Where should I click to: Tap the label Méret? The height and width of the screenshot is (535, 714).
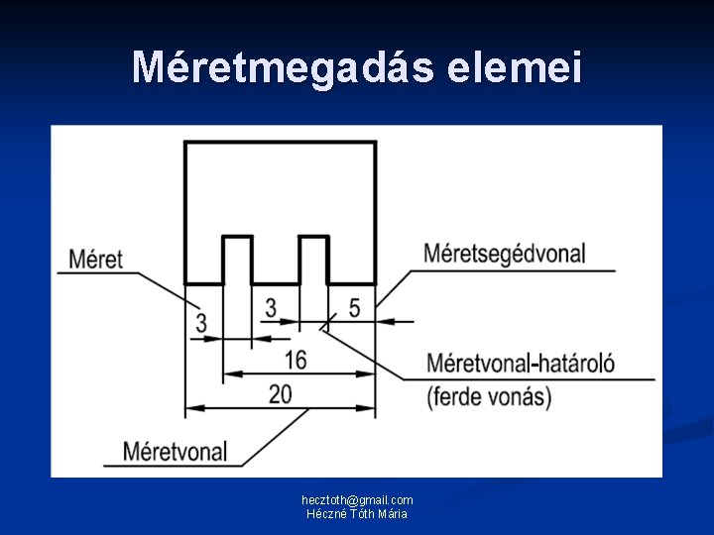pyautogui.click(x=95, y=260)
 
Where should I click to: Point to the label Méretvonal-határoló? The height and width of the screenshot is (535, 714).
pyautogui.click(x=520, y=363)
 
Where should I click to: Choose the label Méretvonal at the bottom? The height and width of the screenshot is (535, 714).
pyautogui.click(x=176, y=452)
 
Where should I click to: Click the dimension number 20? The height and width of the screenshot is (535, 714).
pyautogui.click(x=280, y=394)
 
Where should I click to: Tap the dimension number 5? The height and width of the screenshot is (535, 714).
pyautogui.click(x=355, y=308)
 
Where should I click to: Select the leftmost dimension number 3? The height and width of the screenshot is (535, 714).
pyautogui.click(x=201, y=323)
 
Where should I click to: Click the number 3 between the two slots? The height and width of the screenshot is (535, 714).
pyautogui.click(x=271, y=308)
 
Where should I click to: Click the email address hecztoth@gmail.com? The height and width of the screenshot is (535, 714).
pyautogui.click(x=357, y=500)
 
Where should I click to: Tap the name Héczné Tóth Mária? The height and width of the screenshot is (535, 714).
pyautogui.click(x=357, y=514)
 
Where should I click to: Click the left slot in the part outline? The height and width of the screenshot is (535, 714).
pyautogui.click(x=237, y=260)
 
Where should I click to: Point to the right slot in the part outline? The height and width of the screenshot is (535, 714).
pyautogui.click(x=313, y=260)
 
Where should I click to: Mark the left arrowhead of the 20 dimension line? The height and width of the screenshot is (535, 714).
pyautogui.click(x=192, y=407)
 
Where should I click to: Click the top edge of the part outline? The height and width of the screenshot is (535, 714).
pyautogui.click(x=280, y=143)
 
